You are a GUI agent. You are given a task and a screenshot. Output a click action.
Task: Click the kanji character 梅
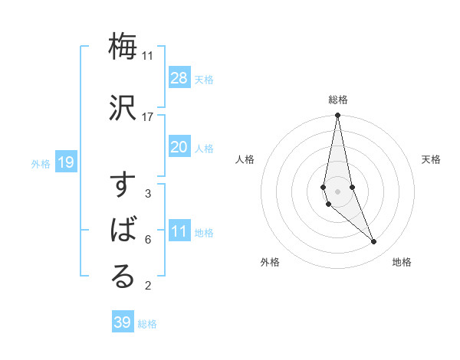coord(123,47)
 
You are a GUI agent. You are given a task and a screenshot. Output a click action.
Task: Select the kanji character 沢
coord(123,106)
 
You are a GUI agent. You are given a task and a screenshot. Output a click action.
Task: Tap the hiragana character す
coord(123,187)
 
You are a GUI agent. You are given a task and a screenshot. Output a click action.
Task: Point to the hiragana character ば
coord(123,231)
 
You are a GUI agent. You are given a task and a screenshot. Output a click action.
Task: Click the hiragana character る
coord(123,277)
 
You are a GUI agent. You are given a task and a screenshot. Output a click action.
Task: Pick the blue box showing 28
coord(179,77)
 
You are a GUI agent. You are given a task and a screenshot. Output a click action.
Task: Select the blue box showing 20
coord(179,147)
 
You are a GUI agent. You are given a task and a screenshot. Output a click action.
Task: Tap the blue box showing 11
coord(179,231)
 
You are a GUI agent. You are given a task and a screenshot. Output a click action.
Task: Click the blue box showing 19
coord(65,162)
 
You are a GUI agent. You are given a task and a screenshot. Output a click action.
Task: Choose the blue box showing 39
coord(122,322)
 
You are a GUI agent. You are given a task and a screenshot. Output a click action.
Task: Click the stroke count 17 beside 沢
coord(148,116)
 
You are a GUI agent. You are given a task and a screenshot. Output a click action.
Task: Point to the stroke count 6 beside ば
coord(148,240)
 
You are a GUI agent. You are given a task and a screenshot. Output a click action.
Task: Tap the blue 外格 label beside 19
coord(41,163)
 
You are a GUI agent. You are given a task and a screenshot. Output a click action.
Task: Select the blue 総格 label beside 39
coord(147,324)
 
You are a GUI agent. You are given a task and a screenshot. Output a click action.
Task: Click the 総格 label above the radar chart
coord(338,100)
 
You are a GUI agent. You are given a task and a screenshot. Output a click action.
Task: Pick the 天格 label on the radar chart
coord(432,159)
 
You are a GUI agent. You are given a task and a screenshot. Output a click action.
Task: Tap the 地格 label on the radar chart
coord(402,262)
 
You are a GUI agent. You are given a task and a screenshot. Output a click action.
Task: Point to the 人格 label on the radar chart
coord(245,159)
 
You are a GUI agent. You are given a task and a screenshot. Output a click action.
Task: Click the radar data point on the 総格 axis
coord(337,116)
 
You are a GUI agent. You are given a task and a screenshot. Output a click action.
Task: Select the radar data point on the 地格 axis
coord(374,242)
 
